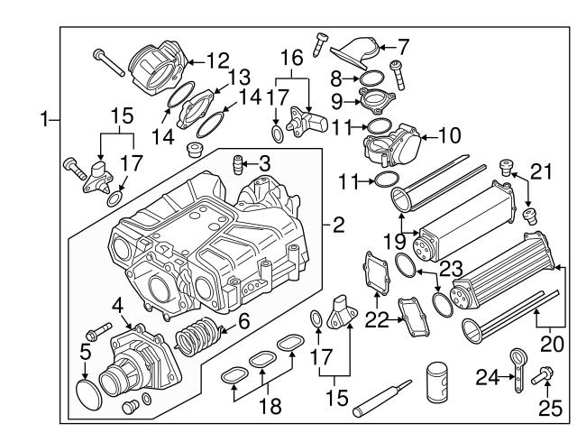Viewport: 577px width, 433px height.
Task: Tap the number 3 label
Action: click(x=264, y=163)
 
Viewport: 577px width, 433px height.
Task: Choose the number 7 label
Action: click(x=403, y=43)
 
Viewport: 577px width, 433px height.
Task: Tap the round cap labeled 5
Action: click(x=87, y=392)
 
